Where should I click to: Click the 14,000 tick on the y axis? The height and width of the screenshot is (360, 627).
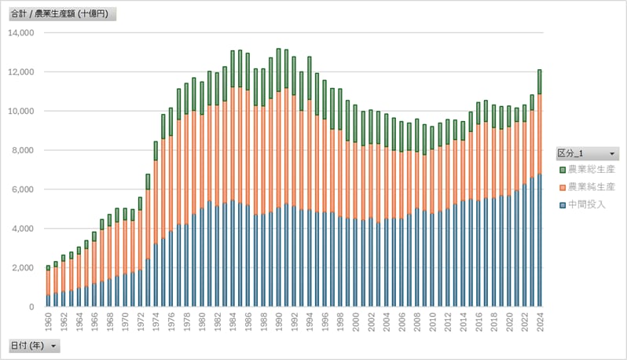coord(21,33)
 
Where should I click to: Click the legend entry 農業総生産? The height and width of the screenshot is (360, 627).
coord(591,170)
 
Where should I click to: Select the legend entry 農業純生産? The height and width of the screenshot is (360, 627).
coord(591,187)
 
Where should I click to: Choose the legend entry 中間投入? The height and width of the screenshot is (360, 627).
coord(585,205)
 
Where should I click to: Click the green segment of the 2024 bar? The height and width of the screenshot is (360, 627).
coord(539,82)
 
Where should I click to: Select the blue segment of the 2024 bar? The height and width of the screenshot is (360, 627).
coord(539,240)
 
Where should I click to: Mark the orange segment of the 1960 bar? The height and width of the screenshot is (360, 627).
coord(48,282)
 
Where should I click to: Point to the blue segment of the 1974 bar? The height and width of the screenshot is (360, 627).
coord(156,275)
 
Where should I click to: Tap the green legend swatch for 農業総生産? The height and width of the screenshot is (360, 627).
coord(562,170)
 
